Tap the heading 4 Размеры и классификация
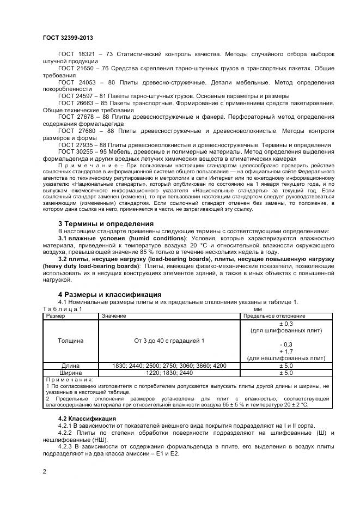(x=109, y=294)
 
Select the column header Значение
(x=113, y=316)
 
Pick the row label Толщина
(x=70, y=341)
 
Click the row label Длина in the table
(x=70, y=366)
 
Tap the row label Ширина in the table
(x=70, y=373)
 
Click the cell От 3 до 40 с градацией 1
(x=168, y=341)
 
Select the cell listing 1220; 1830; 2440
(x=168, y=373)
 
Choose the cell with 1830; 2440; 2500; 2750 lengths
(x=168, y=366)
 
